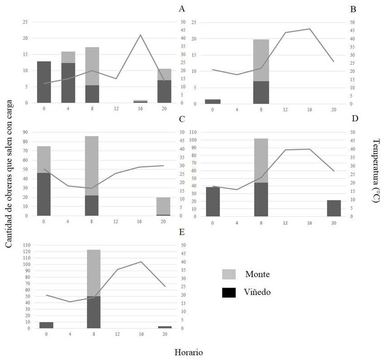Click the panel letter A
click(x=182, y=9)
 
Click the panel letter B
click(x=353, y=9)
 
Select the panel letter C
click(x=182, y=119)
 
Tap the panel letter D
click(x=354, y=118)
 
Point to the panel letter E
click(x=182, y=232)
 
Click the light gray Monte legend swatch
click(x=229, y=274)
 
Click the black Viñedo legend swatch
click(x=229, y=293)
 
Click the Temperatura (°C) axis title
click(x=376, y=171)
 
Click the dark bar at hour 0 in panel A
click(x=44, y=82)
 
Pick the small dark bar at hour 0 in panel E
click(x=46, y=325)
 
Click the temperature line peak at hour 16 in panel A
click(x=140, y=35)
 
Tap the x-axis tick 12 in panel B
click(x=285, y=109)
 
